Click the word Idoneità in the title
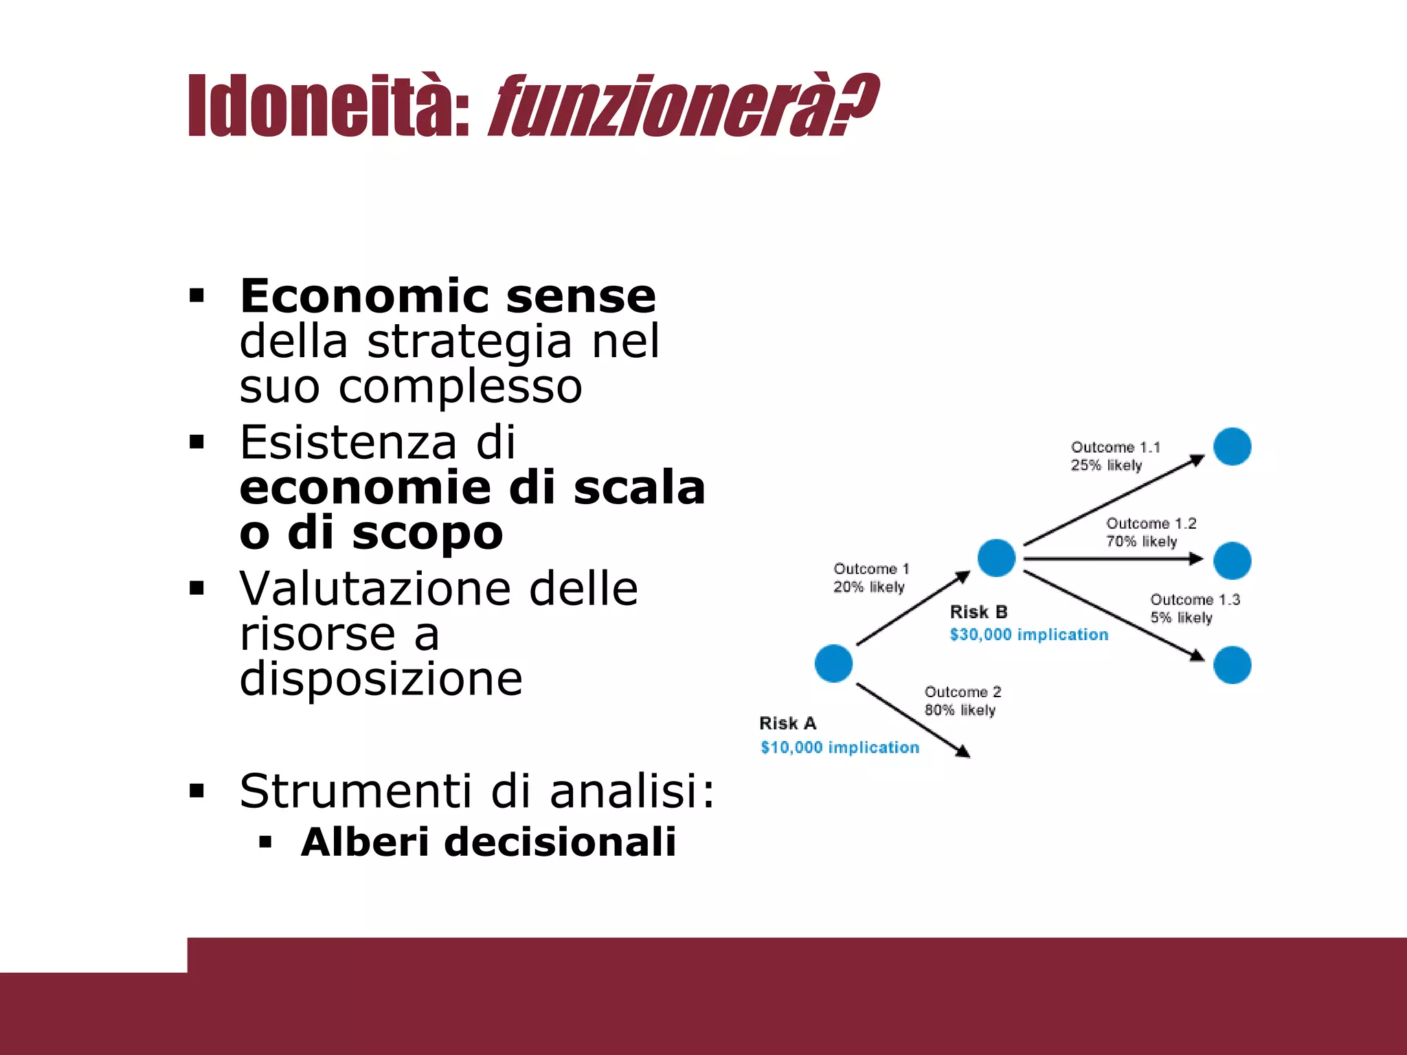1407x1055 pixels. [x=328, y=105]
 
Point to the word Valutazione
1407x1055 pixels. [x=374, y=589]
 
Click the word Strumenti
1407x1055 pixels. [x=355, y=791]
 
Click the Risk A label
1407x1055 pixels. [x=787, y=723]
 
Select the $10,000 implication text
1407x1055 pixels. [x=840, y=747]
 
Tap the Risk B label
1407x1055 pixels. [x=978, y=612]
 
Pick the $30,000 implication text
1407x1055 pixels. [x=1028, y=635]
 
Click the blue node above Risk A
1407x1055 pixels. [x=833, y=663]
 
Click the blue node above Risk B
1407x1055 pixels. [x=996, y=557]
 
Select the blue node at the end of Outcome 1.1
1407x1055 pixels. [x=1232, y=446]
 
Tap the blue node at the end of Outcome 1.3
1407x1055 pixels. [x=1232, y=665]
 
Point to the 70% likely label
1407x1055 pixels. [x=1141, y=541]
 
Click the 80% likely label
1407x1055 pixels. [x=960, y=710]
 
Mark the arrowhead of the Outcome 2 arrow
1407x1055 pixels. [x=964, y=753]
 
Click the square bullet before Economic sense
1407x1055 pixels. [x=197, y=297]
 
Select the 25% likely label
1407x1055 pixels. [x=1106, y=465]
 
